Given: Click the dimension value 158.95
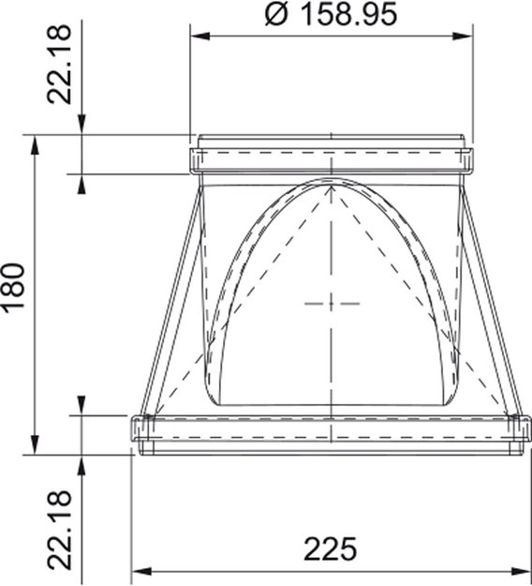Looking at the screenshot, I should point(347,15).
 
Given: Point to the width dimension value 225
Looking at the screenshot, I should point(331,549).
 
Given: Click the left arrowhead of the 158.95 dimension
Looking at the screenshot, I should point(198,37).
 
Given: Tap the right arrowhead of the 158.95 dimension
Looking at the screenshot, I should point(465,37).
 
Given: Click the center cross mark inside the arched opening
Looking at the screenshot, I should point(332,303).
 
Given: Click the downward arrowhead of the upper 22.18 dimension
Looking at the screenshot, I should point(83,127).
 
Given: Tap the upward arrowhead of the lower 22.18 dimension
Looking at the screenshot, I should point(83,461).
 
